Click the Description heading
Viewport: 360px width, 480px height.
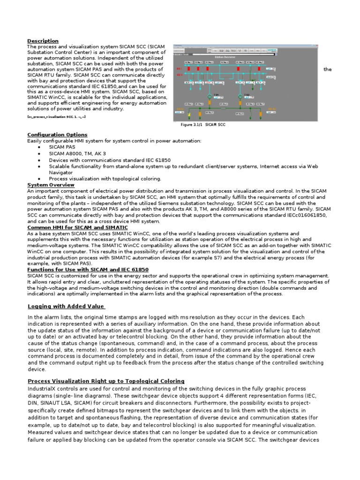click(43, 41)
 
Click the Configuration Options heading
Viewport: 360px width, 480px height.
click(57, 135)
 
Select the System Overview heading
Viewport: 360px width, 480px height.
click(51, 185)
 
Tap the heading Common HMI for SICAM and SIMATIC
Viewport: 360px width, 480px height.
click(77, 227)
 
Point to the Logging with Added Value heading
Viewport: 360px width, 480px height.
click(66, 306)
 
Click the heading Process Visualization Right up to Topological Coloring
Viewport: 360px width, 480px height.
click(106, 381)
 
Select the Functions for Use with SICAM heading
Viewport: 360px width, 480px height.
click(88, 270)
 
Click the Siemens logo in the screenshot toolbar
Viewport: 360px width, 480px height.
click(272, 49)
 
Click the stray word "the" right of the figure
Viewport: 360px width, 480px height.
click(328, 69)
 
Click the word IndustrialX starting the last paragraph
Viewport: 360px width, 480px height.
click(43, 389)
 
